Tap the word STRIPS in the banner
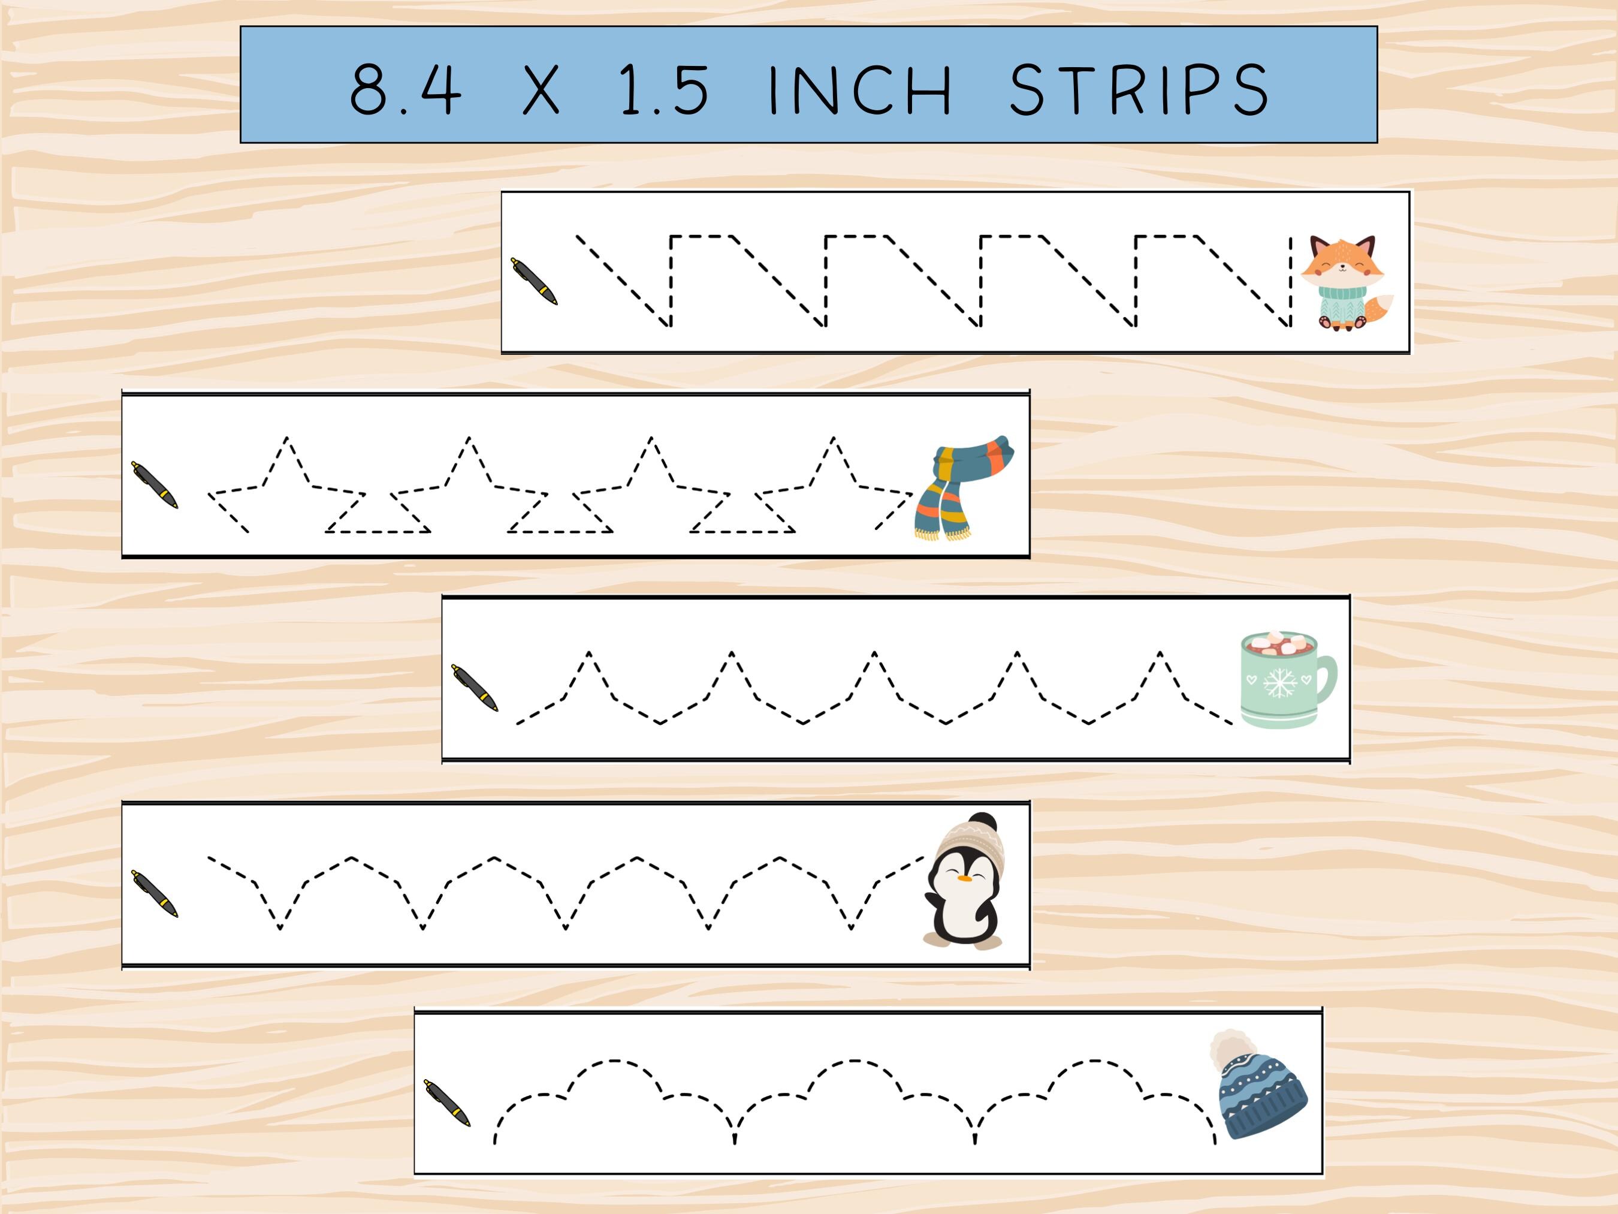point(1138,89)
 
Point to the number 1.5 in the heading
point(664,89)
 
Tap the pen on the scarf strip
point(155,485)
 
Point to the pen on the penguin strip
point(155,893)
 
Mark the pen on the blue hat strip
point(447,1102)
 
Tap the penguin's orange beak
point(966,876)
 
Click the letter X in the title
point(541,89)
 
